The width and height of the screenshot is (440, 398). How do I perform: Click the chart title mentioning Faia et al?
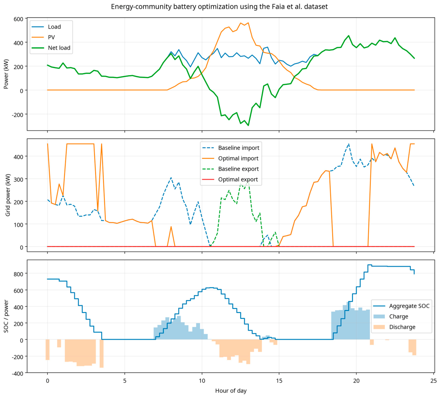219,7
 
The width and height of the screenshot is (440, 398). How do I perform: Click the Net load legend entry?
51,48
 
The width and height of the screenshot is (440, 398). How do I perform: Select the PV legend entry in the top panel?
43,37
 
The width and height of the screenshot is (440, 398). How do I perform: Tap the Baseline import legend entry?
231,148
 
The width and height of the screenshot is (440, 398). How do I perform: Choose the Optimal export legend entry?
230,179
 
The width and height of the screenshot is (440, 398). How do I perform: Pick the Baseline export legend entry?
230,169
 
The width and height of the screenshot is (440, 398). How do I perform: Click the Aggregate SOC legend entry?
401,306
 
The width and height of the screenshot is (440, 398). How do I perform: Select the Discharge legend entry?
394,327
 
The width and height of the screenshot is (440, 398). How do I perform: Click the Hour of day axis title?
231,391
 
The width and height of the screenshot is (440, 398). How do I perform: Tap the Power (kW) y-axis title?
6,74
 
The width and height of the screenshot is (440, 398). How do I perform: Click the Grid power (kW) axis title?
8,195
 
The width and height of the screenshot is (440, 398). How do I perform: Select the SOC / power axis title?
6,317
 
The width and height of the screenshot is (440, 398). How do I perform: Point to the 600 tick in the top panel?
18,19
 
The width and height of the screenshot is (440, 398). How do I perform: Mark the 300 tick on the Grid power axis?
18,179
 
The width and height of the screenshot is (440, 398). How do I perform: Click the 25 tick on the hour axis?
434,381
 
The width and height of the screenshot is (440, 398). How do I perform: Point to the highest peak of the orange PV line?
248,22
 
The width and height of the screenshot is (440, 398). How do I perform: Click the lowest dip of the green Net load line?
248,126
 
